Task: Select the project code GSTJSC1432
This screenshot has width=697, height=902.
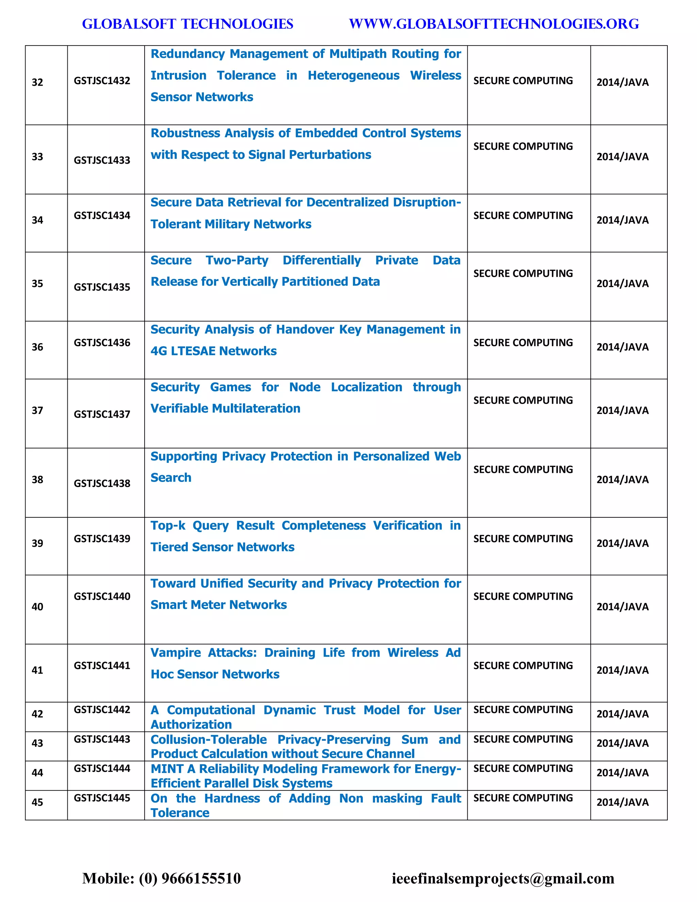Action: (x=102, y=81)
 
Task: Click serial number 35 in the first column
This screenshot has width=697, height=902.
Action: (x=37, y=284)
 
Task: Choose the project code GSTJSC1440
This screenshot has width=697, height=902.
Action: (x=102, y=596)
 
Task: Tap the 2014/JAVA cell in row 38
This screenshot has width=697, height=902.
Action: (x=622, y=480)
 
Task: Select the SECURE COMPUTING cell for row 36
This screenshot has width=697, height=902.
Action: (x=523, y=343)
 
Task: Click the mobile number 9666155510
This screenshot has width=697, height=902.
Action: (x=201, y=878)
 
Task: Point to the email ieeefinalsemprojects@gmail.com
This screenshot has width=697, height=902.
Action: (x=503, y=878)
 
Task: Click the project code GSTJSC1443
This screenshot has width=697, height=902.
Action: (x=102, y=739)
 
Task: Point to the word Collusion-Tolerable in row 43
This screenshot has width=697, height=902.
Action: (x=209, y=740)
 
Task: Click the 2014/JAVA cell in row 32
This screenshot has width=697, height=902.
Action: (x=622, y=82)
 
